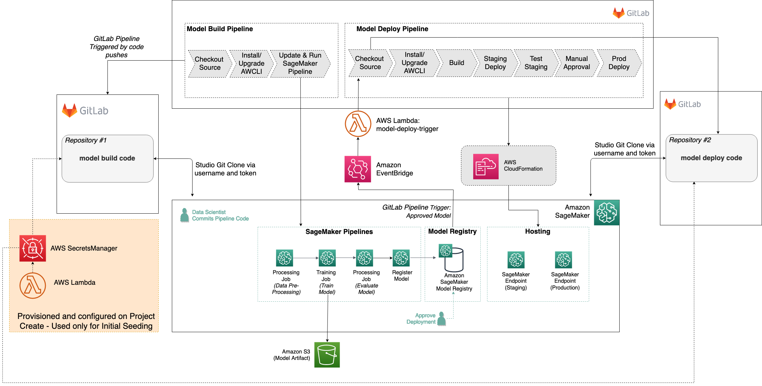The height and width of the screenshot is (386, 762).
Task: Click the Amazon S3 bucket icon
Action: point(327,355)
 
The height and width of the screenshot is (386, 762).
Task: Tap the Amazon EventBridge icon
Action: point(358,169)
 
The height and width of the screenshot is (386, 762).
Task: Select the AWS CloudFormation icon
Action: point(486,166)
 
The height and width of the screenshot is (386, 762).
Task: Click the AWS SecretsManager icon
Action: point(33,248)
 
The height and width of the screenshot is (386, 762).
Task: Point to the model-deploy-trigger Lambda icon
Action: point(358,124)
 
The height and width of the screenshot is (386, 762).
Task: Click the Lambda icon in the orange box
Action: point(33,285)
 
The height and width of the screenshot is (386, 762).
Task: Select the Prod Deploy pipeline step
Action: point(619,63)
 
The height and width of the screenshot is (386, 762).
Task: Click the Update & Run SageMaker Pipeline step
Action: point(300,64)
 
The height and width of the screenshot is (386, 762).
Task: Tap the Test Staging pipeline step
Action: point(536,63)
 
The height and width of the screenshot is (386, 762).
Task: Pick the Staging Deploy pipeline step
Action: point(495,63)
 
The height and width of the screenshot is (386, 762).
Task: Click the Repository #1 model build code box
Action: point(107,158)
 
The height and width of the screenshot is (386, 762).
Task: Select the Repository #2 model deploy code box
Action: point(711,158)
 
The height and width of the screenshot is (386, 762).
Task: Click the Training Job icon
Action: point(327,258)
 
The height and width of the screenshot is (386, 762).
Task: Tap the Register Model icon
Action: point(401,258)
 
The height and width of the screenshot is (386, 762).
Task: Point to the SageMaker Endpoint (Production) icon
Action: point(563,260)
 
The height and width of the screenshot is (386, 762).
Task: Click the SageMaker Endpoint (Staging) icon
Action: point(516,260)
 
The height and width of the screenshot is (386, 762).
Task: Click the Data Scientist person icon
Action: point(185,215)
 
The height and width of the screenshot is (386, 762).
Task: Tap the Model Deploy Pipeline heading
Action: point(392,29)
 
